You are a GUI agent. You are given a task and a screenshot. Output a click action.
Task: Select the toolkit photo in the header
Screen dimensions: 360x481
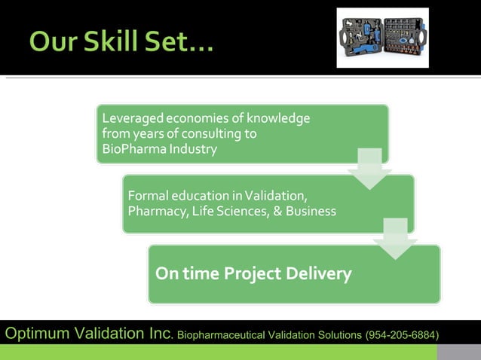tap(382, 38)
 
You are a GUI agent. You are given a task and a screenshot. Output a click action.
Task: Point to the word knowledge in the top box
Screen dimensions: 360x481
tap(278, 119)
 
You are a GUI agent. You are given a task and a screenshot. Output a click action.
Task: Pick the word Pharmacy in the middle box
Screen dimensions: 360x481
tap(155, 212)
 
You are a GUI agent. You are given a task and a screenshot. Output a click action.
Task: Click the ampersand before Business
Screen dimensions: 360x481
tap(277, 212)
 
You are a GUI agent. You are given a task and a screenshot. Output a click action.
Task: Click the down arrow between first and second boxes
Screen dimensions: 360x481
tap(369, 168)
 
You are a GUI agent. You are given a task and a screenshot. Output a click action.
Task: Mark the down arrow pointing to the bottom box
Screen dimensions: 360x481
tap(395, 239)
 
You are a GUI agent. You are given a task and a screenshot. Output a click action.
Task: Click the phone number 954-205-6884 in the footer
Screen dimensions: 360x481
tap(401, 334)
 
